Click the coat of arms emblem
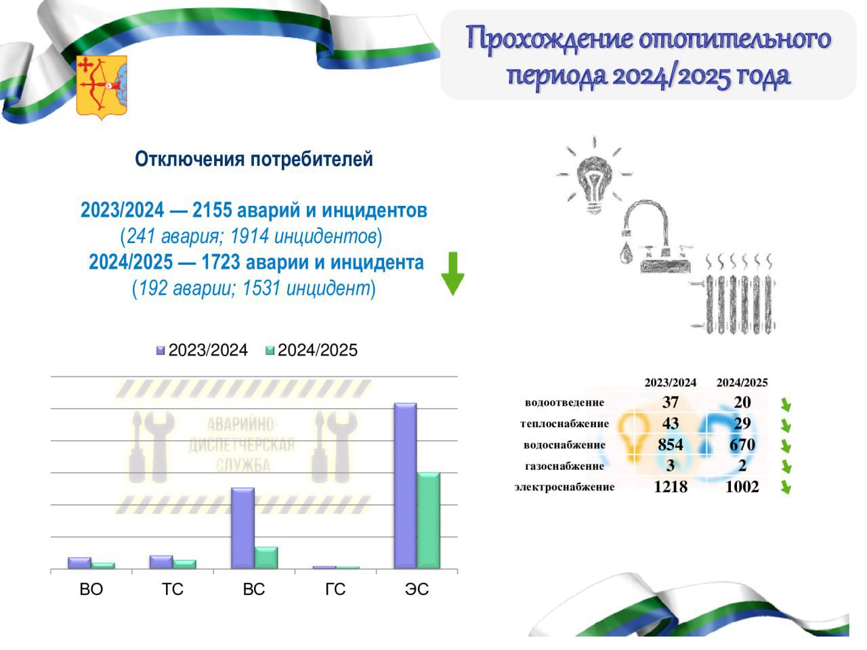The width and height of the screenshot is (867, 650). [x=102, y=87]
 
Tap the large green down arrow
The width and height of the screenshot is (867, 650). [x=452, y=274]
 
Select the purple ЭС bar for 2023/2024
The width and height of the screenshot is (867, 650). [x=405, y=485]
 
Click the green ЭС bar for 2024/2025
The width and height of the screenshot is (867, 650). [x=429, y=520]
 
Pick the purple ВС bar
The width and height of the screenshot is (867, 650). [x=242, y=528]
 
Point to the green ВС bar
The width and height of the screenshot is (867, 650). [x=266, y=558]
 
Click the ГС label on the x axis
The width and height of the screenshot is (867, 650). [x=335, y=589]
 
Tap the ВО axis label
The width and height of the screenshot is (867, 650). [x=91, y=589]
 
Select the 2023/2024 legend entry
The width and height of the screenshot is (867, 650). [x=202, y=350]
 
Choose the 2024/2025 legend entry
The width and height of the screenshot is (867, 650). [x=312, y=350]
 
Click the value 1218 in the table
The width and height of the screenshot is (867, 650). [x=671, y=487]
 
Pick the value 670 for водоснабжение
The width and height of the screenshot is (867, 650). [x=742, y=445]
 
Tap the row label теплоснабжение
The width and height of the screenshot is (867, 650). [x=564, y=424]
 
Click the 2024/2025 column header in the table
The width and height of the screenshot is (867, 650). [x=742, y=383]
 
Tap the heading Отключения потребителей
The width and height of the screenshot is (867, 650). [x=254, y=159]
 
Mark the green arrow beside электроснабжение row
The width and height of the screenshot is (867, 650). [x=786, y=487]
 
